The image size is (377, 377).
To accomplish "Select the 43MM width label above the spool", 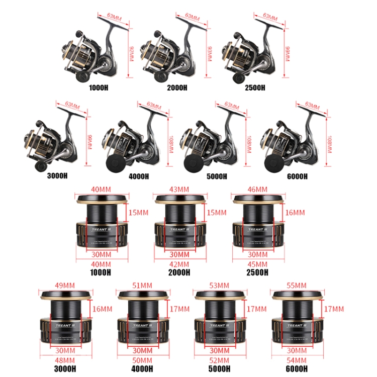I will pos(180,190).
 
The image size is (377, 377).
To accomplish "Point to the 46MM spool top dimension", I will pos(258,190).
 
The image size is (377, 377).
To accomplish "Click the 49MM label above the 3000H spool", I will pos(64,286).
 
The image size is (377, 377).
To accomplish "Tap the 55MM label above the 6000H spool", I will pos(296,286).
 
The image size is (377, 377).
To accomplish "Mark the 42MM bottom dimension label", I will pos(180,264).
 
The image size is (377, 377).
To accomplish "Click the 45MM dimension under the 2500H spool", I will pos(258,264).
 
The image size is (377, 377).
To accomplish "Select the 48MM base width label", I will pos(64,360).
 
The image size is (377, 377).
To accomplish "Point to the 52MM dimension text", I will pos(220,360).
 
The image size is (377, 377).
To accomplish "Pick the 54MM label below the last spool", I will pos(296,360).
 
